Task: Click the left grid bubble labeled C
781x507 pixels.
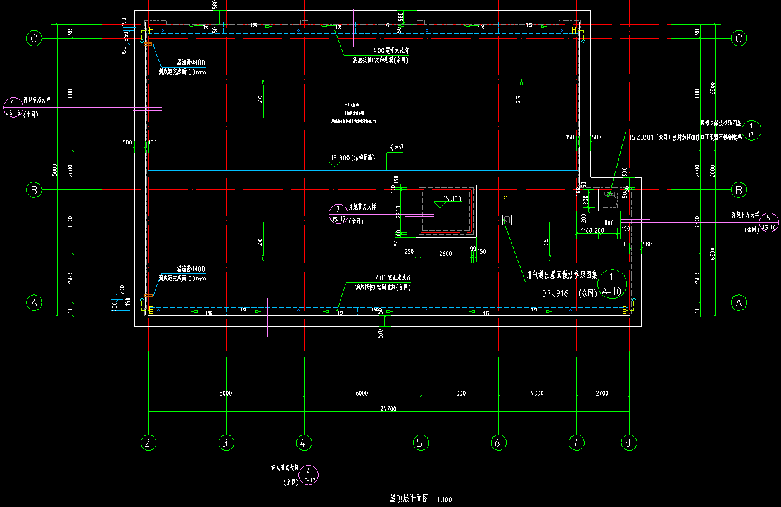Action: (34, 39)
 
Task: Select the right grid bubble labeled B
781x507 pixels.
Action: (739, 189)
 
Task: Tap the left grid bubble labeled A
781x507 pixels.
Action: (34, 303)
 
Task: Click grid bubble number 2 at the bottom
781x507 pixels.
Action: (148, 443)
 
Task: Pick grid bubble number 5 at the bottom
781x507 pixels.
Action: (419, 443)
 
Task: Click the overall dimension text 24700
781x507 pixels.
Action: (388, 409)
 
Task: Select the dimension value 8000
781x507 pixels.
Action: (225, 393)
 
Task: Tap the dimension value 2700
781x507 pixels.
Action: (602, 393)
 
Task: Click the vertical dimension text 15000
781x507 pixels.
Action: (55, 171)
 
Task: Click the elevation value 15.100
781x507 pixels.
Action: (452, 199)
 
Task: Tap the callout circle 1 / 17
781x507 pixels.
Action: (751, 130)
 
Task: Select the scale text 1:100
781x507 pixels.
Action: (445, 500)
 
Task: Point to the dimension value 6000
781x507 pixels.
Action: (361, 393)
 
